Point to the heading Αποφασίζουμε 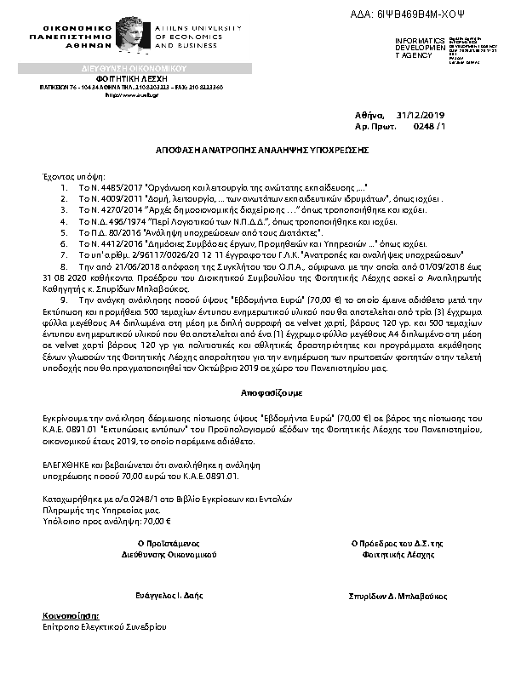[x=260, y=396]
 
